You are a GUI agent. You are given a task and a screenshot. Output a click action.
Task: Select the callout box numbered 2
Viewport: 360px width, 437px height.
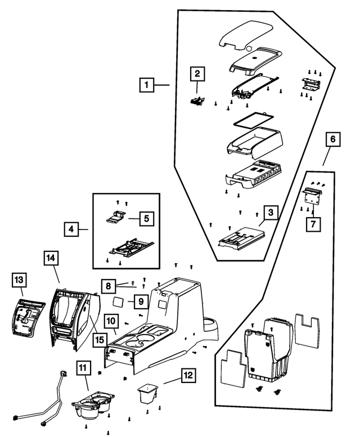[x=197, y=74]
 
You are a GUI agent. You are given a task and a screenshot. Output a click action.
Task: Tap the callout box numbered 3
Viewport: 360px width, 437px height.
[x=271, y=213]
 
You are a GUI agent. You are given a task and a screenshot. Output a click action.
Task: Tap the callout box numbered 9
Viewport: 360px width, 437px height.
[x=139, y=303]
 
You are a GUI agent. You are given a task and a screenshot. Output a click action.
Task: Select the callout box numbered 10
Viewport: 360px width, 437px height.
[x=111, y=321]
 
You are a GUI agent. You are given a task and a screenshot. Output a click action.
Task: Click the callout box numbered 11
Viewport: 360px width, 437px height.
[x=83, y=369]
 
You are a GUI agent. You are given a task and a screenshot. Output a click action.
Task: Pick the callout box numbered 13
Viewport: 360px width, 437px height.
[x=19, y=280]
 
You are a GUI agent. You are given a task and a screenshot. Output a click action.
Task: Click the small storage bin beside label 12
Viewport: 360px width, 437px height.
[x=148, y=394]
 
